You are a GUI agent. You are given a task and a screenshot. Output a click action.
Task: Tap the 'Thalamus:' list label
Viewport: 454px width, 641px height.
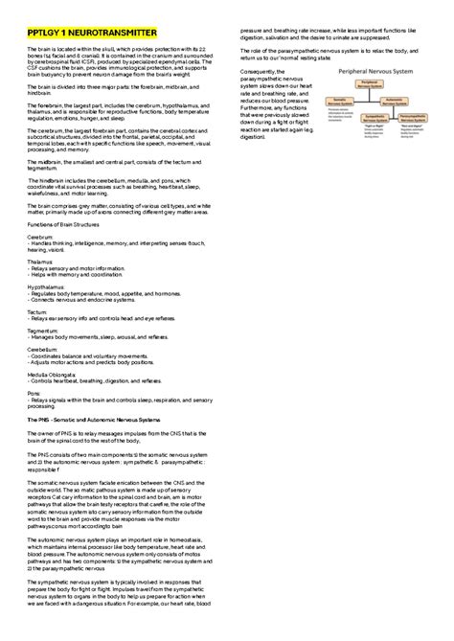[41, 260]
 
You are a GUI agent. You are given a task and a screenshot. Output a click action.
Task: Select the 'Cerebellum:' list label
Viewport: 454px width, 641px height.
[43, 351]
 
